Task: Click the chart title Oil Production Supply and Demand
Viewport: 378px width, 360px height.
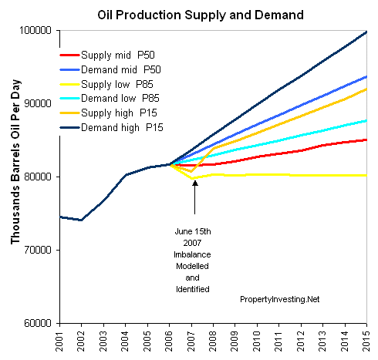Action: point(201,15)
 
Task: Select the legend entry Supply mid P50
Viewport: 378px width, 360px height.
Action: point(107,55)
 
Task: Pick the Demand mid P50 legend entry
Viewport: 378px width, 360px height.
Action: point(110,69)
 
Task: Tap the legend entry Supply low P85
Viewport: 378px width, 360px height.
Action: point(106,84)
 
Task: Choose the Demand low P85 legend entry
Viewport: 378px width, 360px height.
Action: point(110,99)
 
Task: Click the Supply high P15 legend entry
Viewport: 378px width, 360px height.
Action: point(108,113)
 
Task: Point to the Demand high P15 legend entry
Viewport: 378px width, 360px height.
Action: point(111,128)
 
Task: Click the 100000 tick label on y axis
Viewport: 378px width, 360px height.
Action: point(35,31)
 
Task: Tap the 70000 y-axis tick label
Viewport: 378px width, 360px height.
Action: point(38,250)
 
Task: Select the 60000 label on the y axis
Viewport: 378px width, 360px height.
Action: point(38,323)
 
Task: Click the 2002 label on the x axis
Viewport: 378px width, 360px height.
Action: point(81,341)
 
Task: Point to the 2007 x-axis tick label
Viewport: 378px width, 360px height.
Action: point(191,341)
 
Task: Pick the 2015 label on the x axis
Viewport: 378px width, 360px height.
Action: point(366,341)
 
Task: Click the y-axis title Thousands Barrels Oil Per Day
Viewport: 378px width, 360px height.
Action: point(15,162)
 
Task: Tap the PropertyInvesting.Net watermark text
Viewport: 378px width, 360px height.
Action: point(280,299)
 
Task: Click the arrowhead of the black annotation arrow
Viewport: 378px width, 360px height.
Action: point(195,183)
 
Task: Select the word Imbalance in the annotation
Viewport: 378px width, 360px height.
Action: point(192,254)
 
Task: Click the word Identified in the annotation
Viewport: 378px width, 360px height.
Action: point(193,289)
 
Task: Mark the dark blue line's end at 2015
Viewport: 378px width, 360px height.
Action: point(366,32)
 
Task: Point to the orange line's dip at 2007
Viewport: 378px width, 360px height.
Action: point(191,172)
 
